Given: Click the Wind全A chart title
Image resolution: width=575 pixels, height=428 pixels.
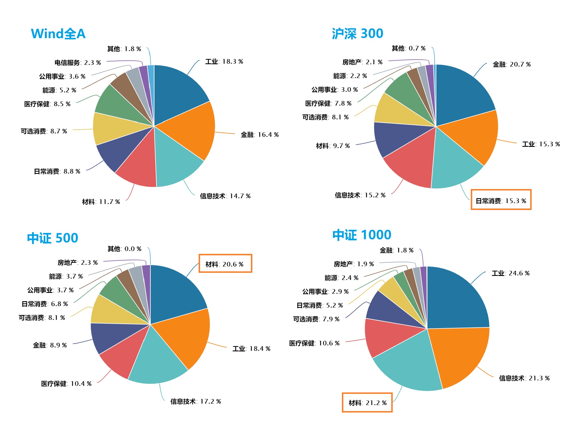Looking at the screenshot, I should pyautogui.click(x=58, y=34).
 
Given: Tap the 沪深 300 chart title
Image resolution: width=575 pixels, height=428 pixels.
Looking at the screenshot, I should pyautogui.click(x=357, y=34).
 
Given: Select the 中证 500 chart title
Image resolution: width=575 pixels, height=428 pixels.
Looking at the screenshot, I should pyautogui.click(x=53, y=238).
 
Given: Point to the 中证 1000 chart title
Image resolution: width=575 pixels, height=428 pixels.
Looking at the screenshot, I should pyautogui.click(x=362, y=235).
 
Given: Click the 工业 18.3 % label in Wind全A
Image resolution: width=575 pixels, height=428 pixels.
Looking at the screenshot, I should pyautogui.click(x=224, y=62).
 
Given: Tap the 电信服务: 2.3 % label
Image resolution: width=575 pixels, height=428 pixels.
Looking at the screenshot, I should pyautogui.click(x=78, y=63).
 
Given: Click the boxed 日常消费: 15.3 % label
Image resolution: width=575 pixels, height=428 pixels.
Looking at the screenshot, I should pyautogui.click(x=501, y=201).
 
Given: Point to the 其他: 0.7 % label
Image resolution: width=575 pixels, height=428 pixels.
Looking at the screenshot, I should pyautogui.click(x=409, y=48).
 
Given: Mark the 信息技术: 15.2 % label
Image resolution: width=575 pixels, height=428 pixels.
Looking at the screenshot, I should pyautogui.click(x=360, y=195).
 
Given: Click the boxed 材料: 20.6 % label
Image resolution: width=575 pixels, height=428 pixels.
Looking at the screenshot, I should pyautogui.click(x=225, y=264).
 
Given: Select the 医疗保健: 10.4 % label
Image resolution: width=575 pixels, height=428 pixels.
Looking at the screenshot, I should pyautogui.click(x=66, y=384).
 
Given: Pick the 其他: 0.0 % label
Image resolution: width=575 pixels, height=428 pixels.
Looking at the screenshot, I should pyautogui.click(x=125, y=249).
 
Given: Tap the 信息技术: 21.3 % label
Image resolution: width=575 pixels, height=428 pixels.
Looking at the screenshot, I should pyautogui.click(x=524, y=378).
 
